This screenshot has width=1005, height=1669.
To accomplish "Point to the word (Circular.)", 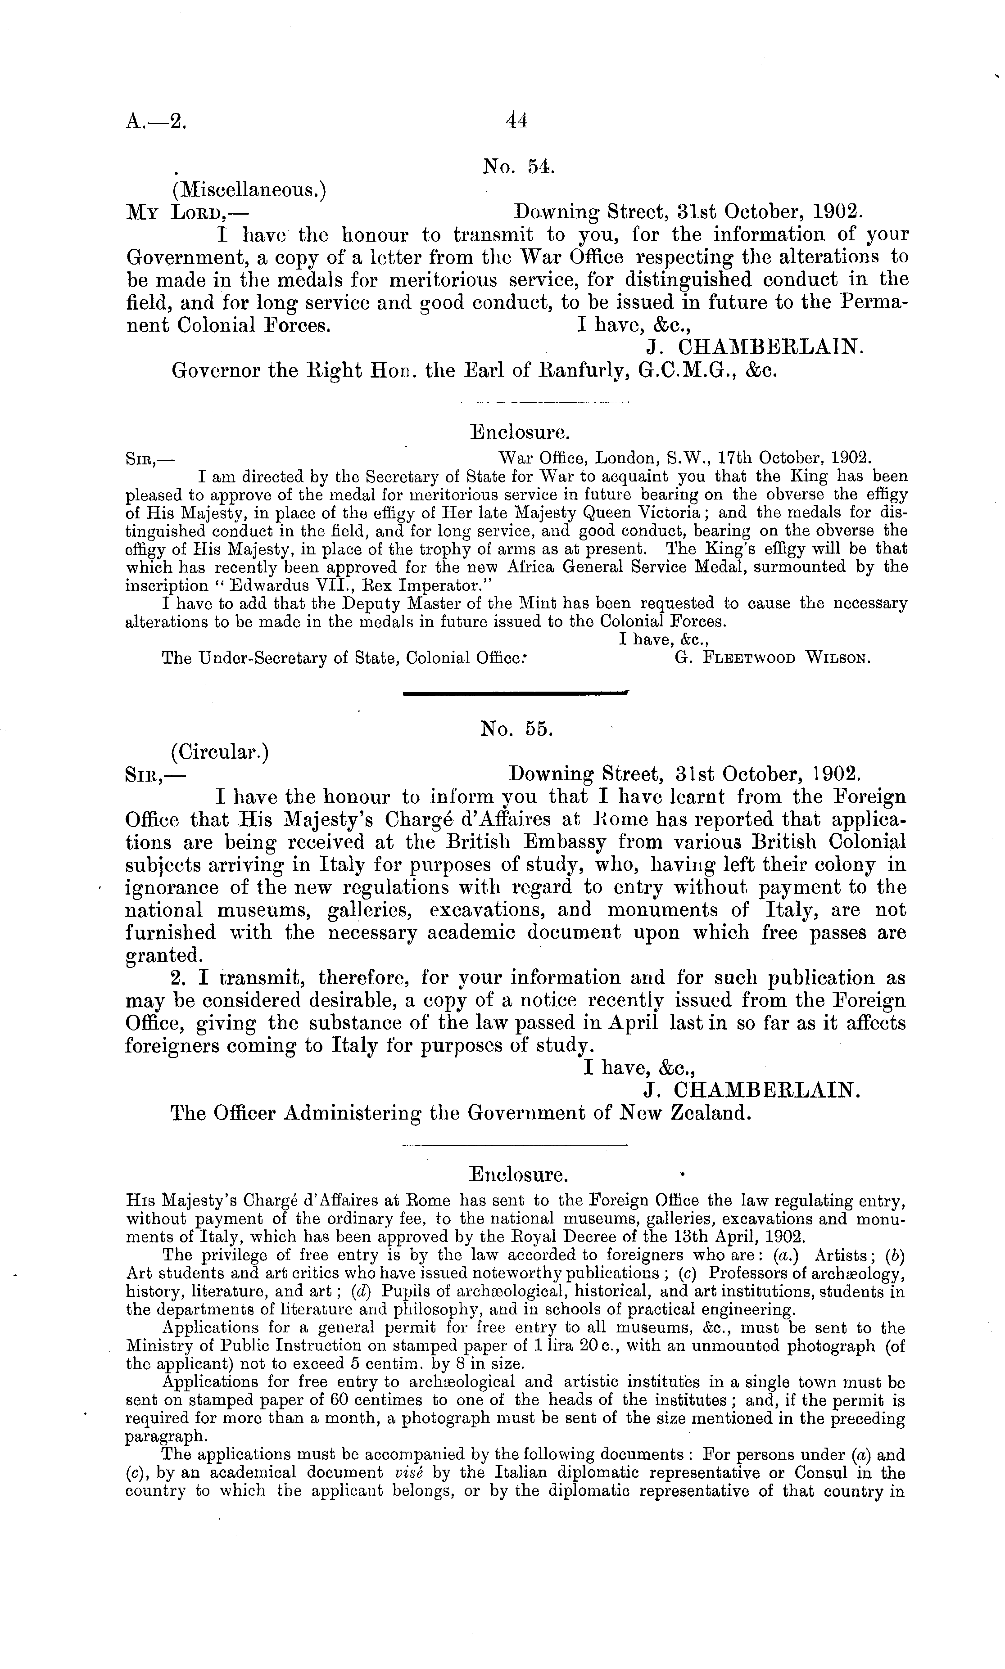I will [x=221, y=752].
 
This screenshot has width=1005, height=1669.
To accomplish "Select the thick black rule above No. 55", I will [x=515, y=693].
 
